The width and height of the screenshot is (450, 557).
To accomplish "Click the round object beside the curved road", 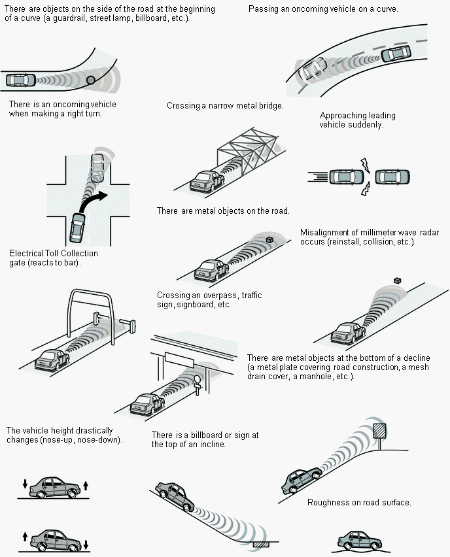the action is point(91,80).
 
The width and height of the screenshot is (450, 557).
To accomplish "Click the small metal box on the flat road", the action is point(269,239).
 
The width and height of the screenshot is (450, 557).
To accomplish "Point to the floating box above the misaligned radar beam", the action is point(398,280).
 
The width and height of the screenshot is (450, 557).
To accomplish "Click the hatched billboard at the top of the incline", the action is point(380,431).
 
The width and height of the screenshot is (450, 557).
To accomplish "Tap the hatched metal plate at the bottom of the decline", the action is point(261,544).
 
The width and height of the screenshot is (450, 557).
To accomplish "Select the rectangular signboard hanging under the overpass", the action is point(179,360).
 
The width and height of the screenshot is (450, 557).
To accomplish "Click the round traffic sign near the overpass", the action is point(198,379).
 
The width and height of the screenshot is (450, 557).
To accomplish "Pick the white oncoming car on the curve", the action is point(313,69).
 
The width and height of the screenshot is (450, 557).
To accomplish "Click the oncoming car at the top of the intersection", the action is point(99,167).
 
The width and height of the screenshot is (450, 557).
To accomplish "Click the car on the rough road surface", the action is point(359,541).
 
